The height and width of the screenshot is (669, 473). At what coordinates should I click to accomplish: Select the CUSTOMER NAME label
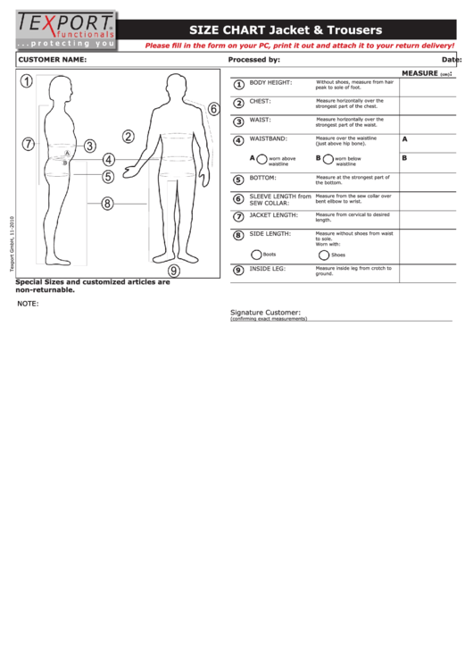click(x=52, y=60)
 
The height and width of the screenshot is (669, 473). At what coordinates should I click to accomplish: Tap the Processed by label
click(x=254, y=60)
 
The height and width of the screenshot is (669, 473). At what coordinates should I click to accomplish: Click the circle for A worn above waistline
click(x=263, y=159)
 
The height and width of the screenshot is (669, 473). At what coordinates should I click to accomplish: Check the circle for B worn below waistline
click(x=328, y=159)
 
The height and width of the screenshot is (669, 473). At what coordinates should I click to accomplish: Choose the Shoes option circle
click(x=322, y=255)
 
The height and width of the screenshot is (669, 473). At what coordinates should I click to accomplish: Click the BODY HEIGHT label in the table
click(x=270, y=82)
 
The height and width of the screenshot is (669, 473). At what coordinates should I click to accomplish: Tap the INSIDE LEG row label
click(x=267, y=268)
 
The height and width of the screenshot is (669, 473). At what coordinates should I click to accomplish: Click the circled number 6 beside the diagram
click(x=213, y=109)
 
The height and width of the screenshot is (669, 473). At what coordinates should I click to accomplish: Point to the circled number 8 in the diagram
click(x=107, y=204)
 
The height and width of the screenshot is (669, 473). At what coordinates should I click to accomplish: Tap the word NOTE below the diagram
click(x=28, y=304)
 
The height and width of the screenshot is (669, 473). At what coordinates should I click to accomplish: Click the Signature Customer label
click(x=265, y=313)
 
